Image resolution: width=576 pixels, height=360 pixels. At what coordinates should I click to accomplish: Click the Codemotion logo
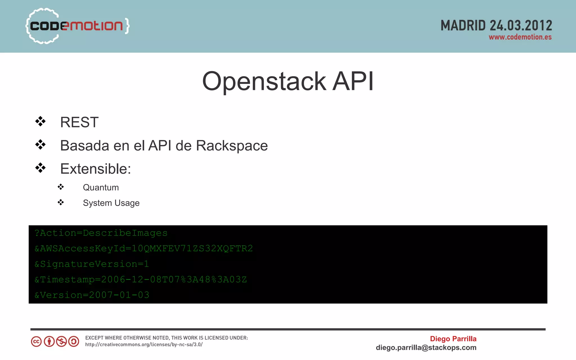[x=77, y=26]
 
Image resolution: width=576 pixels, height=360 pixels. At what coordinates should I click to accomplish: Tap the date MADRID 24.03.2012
[x=496, y=26]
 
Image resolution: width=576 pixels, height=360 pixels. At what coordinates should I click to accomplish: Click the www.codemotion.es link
[x=520, y=37]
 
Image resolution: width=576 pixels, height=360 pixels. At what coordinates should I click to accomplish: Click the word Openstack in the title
[x=264, y=81]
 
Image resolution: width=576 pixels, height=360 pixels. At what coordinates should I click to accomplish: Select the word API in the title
[x=353, y=81]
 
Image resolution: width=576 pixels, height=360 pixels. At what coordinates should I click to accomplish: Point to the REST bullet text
[x=79, y=122]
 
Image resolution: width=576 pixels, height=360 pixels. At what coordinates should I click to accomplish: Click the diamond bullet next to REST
[x=40, y=121]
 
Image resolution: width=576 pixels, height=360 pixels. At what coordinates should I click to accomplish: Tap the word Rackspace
[x=232, y=146]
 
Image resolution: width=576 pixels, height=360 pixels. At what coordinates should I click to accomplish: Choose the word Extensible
[x=95, y=169]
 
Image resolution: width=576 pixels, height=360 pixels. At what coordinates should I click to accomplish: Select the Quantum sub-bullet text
[x=101, y=187]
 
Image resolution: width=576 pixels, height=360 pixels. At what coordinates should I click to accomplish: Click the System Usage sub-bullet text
[x=111, y=203]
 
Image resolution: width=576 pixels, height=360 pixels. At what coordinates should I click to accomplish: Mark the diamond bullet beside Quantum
[x=61, y=187]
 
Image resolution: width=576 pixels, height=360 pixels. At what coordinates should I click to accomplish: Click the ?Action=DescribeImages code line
[x=101, y=233]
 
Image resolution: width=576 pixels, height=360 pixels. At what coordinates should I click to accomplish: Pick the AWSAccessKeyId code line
[x=143, y=248]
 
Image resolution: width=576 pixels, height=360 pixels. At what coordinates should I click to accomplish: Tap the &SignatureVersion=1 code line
[x=92, y=264]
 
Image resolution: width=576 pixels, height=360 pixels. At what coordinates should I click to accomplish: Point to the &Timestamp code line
[x=141, y=279]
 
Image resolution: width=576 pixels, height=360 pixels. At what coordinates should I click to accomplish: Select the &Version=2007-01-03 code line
[x=92, y=295]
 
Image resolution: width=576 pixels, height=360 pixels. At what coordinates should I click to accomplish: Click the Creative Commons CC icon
[x=36, y=341]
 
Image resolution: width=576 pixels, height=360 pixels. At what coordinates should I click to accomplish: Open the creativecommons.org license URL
[x=144, y=345]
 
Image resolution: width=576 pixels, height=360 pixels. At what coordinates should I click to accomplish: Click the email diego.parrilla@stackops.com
[x=426, y=348]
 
